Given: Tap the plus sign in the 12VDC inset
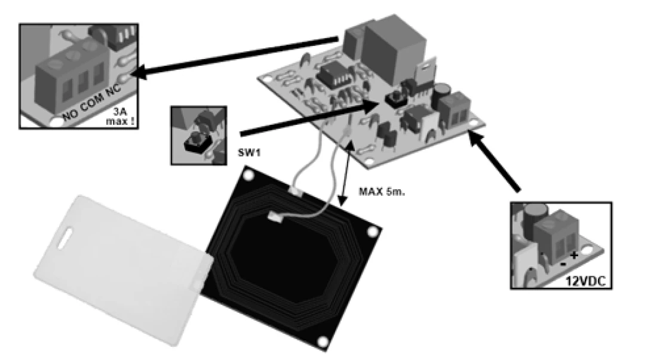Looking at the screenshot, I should pyautogui.click(x=573, y=255).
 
